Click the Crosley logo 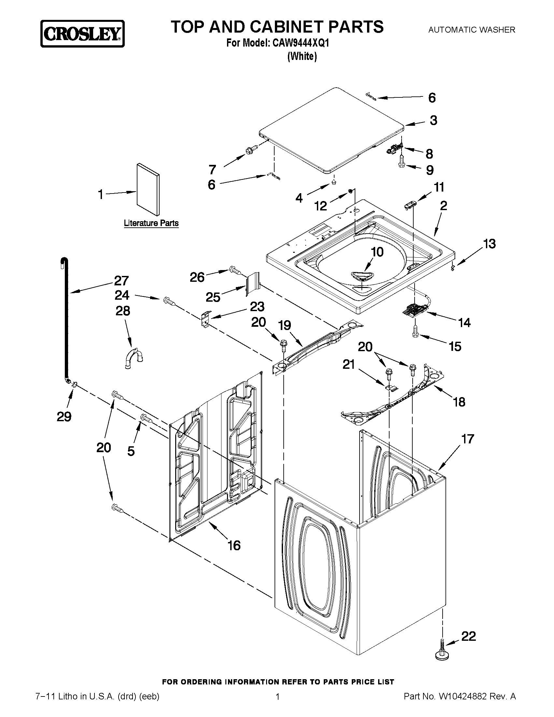coord(82,34)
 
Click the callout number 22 coord(468,636)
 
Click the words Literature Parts coord(151,223)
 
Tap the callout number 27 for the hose coord(121,281)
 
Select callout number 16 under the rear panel coord(234,545)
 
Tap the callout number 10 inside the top coord(377,252)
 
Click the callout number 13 coord(489,244)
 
